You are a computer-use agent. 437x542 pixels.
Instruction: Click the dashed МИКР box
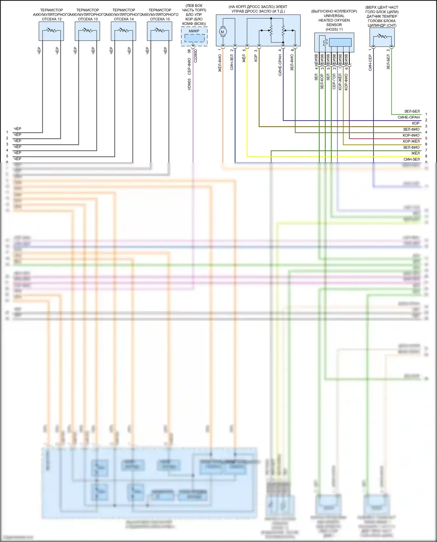point(194,36)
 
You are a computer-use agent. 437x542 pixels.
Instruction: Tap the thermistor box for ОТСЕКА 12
point(51,31)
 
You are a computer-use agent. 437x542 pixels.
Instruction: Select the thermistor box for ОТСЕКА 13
point(87,31)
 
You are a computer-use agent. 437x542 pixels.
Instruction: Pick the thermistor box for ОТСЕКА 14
point(124,31)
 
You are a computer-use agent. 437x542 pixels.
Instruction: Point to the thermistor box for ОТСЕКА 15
point(160,31)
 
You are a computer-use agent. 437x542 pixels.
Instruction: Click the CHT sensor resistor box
point(382,37)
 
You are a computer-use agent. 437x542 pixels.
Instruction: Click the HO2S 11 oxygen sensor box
point(334,42)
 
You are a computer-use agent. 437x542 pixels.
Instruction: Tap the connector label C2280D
point(195,56)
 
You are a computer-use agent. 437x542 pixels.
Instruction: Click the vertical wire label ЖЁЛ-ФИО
point(220,63)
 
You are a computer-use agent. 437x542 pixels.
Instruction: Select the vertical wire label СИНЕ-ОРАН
point(280,65)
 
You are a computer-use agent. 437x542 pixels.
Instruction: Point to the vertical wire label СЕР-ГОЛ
point(334,81)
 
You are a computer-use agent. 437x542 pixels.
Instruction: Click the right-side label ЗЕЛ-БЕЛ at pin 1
point(412,111)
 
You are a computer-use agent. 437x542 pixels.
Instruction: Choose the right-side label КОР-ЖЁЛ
point(411,141)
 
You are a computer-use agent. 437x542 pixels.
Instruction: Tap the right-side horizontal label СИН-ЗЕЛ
point(411,159)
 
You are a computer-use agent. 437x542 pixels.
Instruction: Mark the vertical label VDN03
point(189,84)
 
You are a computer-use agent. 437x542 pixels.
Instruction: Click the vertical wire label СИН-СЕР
point(370,63)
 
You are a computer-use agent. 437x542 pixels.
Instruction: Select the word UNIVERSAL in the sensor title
point(334,16)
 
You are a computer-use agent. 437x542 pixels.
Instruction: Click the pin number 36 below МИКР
point(189,51)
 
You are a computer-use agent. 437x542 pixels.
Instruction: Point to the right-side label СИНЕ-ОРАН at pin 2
point(408,117)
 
